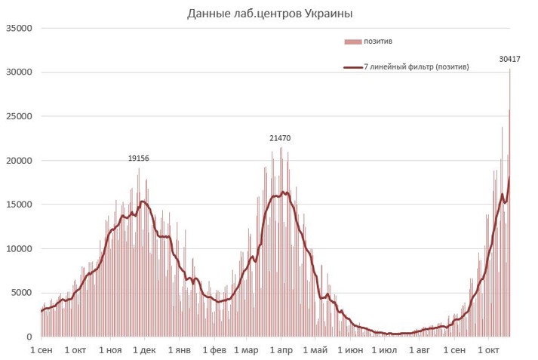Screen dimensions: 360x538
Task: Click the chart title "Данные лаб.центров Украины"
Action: [x=269, y=14]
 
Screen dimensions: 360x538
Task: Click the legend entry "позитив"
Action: [x=377, y=41]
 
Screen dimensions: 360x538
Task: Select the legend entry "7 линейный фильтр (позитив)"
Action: [x=416, y=67]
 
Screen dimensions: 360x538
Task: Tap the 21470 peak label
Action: [x=280, y=139]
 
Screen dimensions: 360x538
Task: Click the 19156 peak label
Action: [x=138, y=158]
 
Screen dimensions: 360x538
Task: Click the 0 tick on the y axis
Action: [x=28, y=337]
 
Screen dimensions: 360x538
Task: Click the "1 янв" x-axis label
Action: [x=179, y=351]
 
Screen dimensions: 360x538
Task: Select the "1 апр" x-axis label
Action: [x=281, y=351]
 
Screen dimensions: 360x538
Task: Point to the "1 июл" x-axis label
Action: [x=385, y=351]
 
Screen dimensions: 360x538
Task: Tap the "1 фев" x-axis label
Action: [x=214, y=351]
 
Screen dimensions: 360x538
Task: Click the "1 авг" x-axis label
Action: [x=420, y=351]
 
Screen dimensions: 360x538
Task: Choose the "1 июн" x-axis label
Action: [x=350, y=351]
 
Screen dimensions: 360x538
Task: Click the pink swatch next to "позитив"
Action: [x=352, y=41]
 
